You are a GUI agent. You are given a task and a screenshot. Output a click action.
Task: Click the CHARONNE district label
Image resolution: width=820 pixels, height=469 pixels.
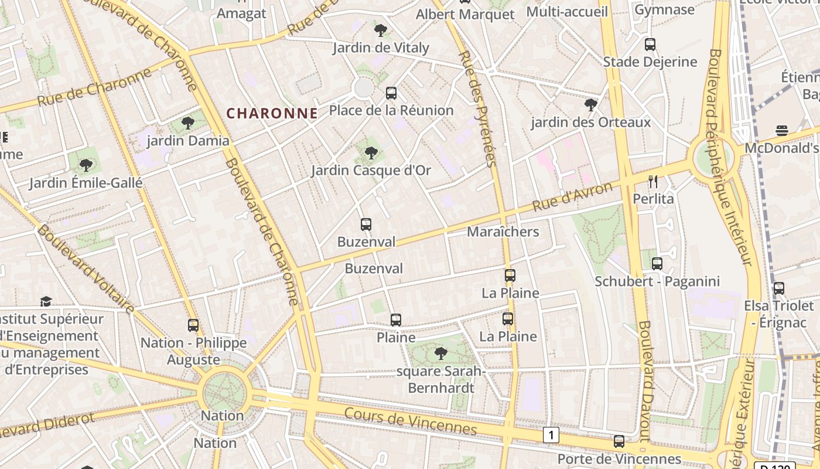272,113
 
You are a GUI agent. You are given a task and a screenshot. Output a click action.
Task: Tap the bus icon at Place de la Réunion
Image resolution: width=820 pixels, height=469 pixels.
391,93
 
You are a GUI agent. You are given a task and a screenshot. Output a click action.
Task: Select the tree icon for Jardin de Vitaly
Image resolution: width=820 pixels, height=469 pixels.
381,30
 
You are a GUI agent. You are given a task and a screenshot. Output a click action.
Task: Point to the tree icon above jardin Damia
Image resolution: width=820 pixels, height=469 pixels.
188,123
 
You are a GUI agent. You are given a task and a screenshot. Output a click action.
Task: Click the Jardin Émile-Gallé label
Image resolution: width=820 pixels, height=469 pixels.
86,183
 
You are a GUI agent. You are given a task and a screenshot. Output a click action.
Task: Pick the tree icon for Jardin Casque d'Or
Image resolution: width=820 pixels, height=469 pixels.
371,153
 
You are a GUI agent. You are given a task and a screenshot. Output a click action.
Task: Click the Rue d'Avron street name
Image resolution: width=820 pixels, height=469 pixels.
573,197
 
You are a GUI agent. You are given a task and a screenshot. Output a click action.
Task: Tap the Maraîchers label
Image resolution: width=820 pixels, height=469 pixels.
503,232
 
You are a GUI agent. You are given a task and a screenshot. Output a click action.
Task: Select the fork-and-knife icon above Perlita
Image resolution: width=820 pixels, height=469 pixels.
654,181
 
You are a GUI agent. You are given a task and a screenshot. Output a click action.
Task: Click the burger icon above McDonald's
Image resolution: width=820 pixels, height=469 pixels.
782,130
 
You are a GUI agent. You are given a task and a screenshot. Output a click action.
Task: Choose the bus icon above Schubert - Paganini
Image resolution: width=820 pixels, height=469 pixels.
657,264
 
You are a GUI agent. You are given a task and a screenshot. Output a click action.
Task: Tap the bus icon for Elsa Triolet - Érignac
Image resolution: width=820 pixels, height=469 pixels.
779,288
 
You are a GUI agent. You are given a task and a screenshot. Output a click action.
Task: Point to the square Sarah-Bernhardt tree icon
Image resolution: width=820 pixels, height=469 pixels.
441,354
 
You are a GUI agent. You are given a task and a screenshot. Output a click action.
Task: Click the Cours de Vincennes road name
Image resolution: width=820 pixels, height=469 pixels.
410,422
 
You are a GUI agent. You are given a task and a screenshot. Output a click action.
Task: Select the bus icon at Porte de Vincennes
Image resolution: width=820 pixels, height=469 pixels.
619,441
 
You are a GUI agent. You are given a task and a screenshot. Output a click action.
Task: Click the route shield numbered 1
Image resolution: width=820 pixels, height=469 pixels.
551,435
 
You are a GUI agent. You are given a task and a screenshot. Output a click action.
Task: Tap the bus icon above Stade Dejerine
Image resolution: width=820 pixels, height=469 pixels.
650,45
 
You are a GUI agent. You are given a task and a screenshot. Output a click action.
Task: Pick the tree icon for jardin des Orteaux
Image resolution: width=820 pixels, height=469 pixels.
591,105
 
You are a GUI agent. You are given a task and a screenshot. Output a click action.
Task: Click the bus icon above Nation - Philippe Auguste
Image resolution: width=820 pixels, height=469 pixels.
193,325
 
